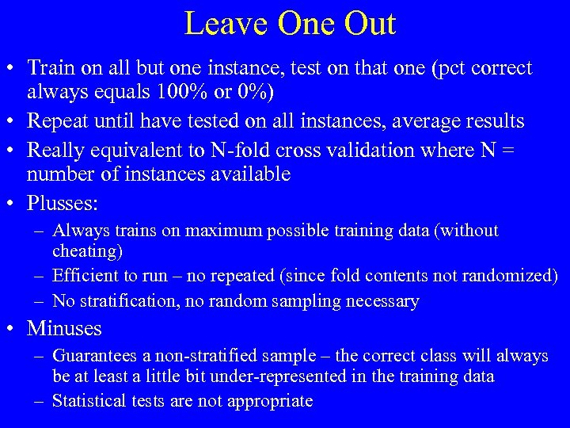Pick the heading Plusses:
tap(63, 204)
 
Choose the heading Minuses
tap(64, 327)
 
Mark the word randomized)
tap(514, 276)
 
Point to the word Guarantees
tap(93, 357)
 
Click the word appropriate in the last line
tap(270, 401)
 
